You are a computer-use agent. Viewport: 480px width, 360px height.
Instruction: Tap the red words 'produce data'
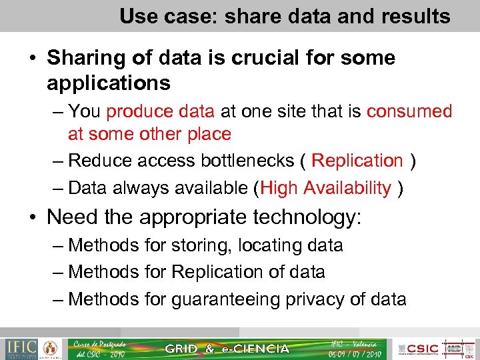click(160, 111)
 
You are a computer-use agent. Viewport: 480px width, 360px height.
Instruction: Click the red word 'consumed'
click(409, 111)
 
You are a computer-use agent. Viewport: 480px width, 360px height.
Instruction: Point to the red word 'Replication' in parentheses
click(357, 161)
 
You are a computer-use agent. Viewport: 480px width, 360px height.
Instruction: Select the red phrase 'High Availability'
click(325, 189)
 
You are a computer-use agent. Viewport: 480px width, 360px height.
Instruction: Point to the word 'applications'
click(109, 83)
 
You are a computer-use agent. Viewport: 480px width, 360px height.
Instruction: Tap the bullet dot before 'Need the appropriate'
click(32, 218)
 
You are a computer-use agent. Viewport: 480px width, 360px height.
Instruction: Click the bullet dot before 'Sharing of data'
click(32, 59)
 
